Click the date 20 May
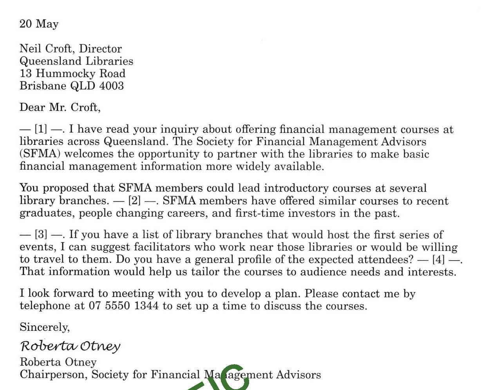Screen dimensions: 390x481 click(39, 24)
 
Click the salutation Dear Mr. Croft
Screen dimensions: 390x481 click(60, 108)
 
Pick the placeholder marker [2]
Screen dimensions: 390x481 click(134, 201)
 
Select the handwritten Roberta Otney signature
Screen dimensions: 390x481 click(70, 346)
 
